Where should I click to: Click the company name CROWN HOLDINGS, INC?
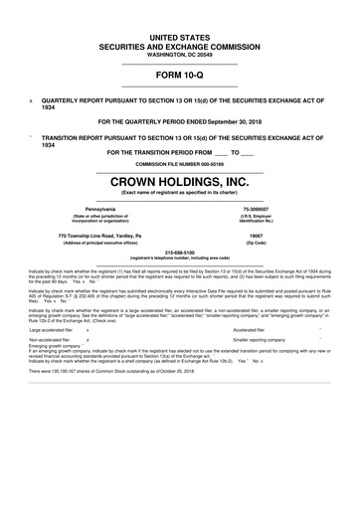click(x=179, y=182)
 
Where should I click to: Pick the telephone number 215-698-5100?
click(x=179, y=253)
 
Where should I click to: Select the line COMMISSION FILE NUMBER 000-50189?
click(x=179, y=163)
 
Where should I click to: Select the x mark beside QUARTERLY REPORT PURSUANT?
click(x=31, y=100)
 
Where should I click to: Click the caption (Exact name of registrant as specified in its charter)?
click(x=179, y=195)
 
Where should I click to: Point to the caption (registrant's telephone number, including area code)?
click(x=179, y=258)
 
